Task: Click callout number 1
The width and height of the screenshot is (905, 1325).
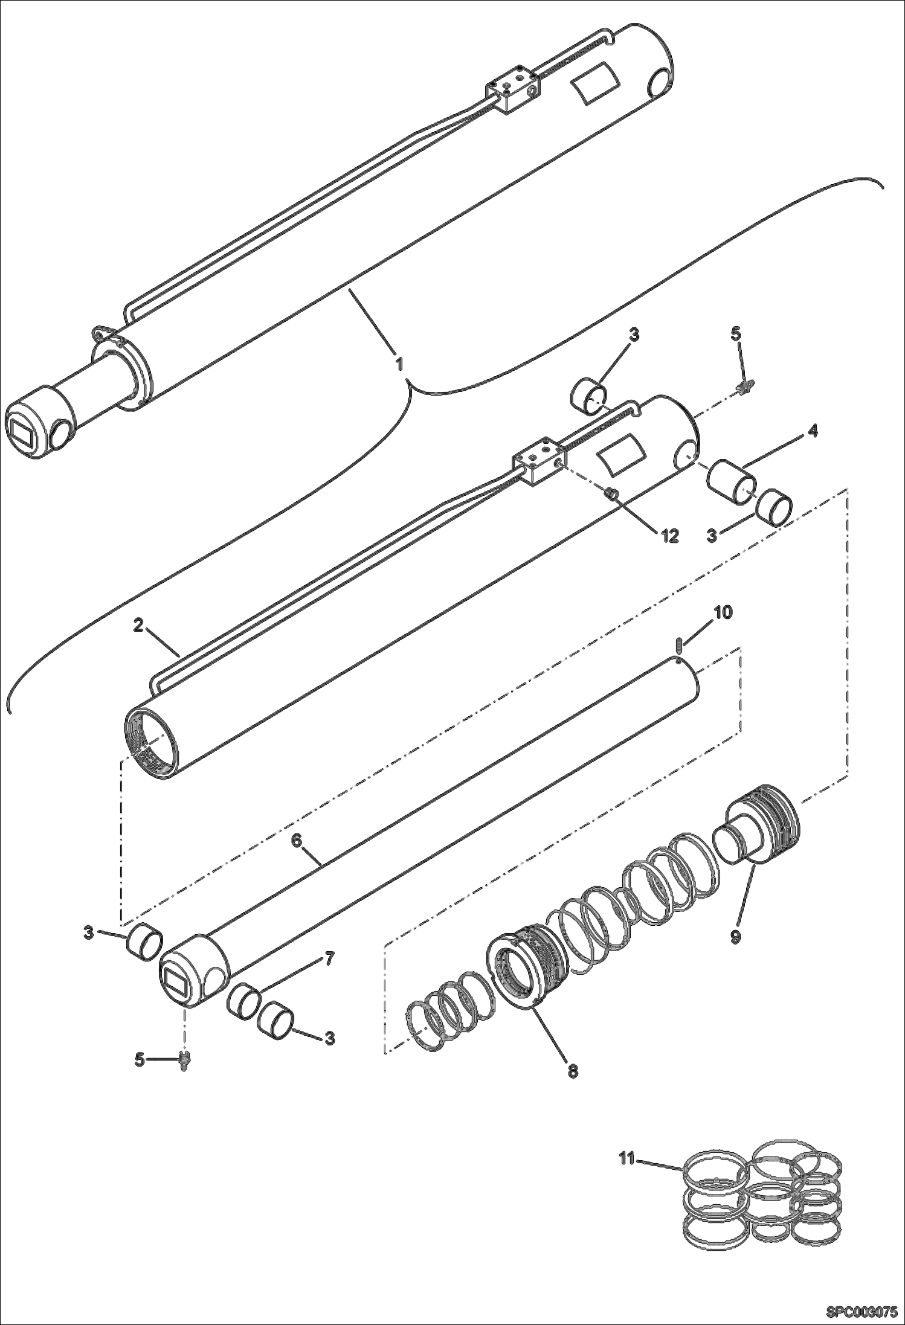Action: point(399,364)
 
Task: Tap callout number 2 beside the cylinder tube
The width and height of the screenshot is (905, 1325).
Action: point(138,626)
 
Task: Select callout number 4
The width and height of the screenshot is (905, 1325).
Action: point(813,431)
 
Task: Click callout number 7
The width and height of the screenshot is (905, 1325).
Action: point(329,958)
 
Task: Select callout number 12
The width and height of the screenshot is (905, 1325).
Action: point(669,535)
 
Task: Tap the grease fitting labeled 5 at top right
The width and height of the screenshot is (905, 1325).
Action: point(744,386)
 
